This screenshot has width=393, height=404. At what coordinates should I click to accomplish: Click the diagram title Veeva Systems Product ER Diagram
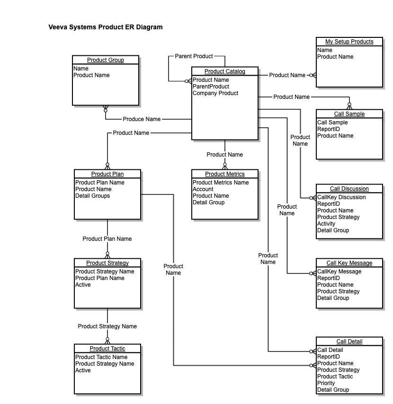(105, 27)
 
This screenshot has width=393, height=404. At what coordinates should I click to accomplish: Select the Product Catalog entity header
(225, 71)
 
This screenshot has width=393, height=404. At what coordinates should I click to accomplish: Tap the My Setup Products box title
(349, 42)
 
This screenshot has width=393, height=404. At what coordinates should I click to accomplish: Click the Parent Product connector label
(194, 56)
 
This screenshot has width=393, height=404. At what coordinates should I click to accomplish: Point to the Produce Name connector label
(142, 119)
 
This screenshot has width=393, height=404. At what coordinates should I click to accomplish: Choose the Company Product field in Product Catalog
(215, 93)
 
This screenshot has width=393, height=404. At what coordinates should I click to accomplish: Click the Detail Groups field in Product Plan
(92, 196)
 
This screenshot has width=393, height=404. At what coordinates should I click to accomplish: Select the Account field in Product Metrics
(203, 189)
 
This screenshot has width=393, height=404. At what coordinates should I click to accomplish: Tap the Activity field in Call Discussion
(326, 224)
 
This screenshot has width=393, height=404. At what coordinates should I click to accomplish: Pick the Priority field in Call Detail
(326, 383)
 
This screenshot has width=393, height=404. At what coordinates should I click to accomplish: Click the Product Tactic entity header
(107, 349)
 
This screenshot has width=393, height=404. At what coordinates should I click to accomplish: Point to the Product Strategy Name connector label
(107, 326)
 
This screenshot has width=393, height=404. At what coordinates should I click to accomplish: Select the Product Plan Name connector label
(107, 239)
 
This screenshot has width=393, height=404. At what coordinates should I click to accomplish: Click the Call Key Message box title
(349, 263)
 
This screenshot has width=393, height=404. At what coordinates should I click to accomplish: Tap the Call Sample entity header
(349, 114)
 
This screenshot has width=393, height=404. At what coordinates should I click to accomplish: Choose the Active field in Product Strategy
(83, 285)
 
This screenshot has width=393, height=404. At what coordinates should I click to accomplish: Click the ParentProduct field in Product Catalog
(211, 87)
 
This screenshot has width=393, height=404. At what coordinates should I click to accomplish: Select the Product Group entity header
(106, 60)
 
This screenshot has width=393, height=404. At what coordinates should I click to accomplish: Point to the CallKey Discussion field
(341, 197)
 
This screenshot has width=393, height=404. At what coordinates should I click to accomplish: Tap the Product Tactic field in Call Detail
(335, 377)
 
